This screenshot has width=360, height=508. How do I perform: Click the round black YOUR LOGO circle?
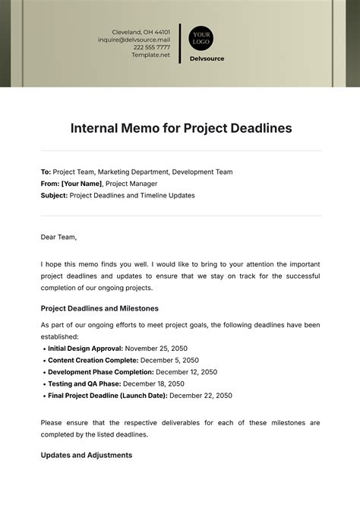click(201, 38)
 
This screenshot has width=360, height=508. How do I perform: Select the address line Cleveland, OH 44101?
click(141, 32)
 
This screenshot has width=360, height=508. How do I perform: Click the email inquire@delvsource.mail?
click(134, 39)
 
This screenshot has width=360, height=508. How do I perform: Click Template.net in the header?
click(150, 55)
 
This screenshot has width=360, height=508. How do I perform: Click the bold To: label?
click(46, 172)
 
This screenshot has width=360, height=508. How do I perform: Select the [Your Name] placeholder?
click(81, 184)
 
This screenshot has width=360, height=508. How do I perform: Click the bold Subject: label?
click(54, 195)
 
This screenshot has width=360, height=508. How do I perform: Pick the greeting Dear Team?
click(59, 237)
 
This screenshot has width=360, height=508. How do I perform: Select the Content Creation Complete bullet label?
click(93, 360)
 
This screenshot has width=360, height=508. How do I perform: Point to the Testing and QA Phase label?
click(84, 383)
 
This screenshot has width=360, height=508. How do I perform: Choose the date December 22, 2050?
click(201, 396)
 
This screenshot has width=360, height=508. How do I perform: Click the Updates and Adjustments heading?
click(87, 455)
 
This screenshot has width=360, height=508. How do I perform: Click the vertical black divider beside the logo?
click(180, 43)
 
